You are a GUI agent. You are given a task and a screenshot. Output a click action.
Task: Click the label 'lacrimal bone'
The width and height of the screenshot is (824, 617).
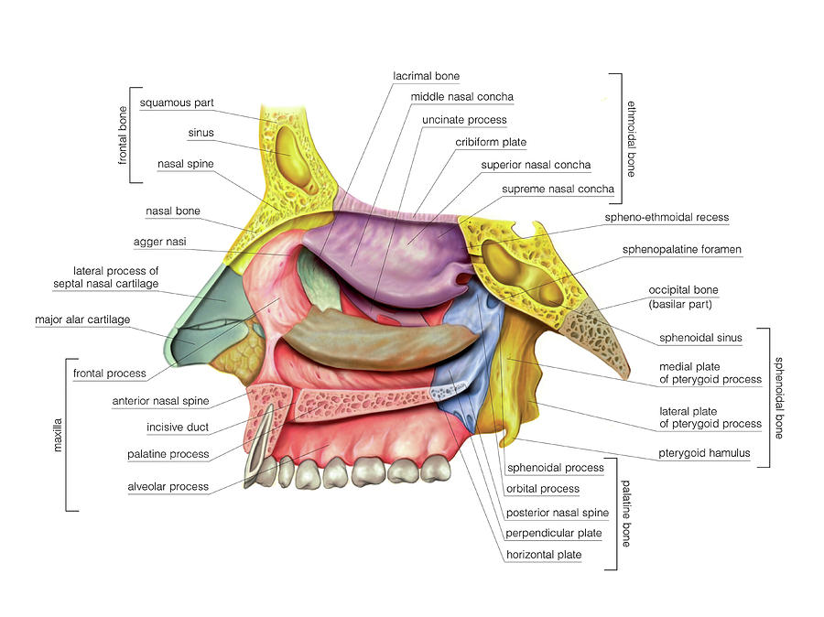pyautogui.click(x=426, y=76)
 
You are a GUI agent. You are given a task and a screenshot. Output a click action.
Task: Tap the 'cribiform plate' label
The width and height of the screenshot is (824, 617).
pyautogui.click(x=491, y=143)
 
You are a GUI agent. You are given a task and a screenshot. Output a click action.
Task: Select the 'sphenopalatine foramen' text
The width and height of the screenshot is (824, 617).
pyautogui.click(x=681, y=250)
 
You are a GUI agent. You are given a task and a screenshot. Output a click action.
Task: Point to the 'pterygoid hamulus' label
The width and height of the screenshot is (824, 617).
pyautogui.click(x=704, y=453)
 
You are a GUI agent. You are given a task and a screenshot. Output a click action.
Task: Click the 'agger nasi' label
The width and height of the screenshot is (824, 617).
pyautogui.click(x=159, y=242)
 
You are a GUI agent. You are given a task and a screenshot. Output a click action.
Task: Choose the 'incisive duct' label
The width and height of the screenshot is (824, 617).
pyautogui.click(x=178, y=428)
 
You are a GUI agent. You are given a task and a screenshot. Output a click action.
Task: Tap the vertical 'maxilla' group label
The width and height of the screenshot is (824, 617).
pyautogui.click(x=58, y=435)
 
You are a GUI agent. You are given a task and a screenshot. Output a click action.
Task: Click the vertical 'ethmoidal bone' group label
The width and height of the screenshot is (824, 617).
pyautogui.click(x=632, y=139)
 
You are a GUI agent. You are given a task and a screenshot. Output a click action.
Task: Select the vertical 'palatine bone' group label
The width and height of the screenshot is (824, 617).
pyautogui.click(x=626, y=514)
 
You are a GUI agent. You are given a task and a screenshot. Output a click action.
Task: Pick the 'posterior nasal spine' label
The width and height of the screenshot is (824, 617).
pyautogui.click(x=558, y=513)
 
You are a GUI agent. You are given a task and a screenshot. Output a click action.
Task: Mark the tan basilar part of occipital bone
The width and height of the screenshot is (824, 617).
pyautogui.click(x=595, y=335)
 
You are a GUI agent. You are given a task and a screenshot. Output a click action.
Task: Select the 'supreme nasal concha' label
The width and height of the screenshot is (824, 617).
pyautogui.click(x=558, y=189)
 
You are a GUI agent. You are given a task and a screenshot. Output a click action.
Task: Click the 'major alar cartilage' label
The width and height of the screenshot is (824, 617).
pyautogui.click(x=82, y=319)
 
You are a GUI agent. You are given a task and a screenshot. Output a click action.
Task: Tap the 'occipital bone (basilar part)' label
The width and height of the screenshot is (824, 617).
pyautogui.click(x=683, y=297)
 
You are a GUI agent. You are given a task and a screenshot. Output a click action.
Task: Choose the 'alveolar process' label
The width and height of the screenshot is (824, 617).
pyautogui.click(x=168, y=487)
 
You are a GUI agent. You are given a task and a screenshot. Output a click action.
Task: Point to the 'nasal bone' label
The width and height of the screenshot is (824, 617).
pyautogui.click(x=173, y=211)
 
